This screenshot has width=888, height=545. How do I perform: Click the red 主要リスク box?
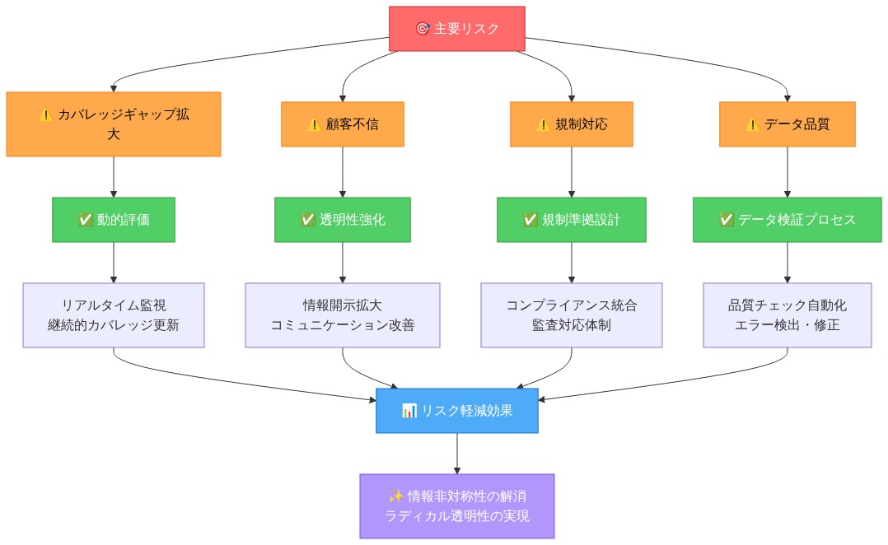[x=457, y=29]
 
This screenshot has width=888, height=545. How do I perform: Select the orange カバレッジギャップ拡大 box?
[x=114, y=124]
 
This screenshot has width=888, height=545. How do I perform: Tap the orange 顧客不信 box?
[x=343, y=124]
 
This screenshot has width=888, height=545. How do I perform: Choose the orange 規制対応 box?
[x=571, y=124]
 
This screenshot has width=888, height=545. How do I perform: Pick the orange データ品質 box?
[x=787, y=124]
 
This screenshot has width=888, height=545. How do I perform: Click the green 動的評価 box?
[x=114, y=220]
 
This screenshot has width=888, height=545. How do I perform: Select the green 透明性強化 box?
[x=343, y=220]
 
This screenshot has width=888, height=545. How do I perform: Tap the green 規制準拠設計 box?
[x=571, y=220]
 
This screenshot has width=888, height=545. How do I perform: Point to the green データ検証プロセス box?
[x=787, y=220]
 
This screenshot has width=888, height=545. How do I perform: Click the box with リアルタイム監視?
[x=114, y=315]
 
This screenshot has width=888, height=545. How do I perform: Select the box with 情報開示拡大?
[x=343, y=315]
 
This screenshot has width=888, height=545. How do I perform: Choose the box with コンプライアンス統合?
[x=571, y=315]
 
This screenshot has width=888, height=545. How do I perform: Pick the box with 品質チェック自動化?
[x=787, y=315]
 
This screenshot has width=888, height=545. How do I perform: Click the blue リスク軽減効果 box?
[x=457, y=411]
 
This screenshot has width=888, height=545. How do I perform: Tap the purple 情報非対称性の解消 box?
[x=457, y=505]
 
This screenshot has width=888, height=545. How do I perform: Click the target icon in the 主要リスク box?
[x=423, y=29]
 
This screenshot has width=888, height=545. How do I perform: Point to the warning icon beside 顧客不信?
[x=313, y=124]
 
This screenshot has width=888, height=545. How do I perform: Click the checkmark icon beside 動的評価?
[x=85, y=220]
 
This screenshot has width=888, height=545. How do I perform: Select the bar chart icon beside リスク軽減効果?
[x=409, y=411]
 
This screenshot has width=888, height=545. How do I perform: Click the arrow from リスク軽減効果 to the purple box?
[x=457, y=454]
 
